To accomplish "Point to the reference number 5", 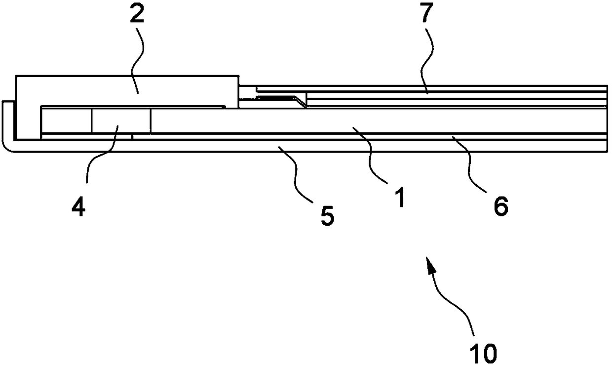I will pos(327,216).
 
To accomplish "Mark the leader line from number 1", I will pos(375,158).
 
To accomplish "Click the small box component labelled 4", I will pos(120,121).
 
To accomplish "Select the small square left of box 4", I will pos(66,121).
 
